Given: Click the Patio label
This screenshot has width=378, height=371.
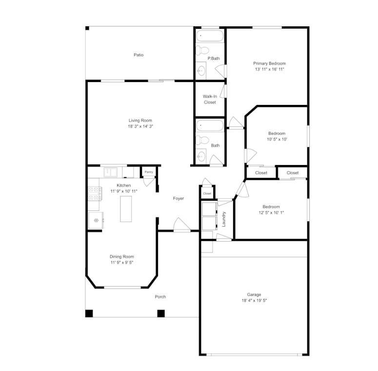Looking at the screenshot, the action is [x=139, y=55].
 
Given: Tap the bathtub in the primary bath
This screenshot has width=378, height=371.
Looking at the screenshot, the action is [x=210, y=36].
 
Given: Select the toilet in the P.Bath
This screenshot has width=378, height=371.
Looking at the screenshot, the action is [x=202, y=50].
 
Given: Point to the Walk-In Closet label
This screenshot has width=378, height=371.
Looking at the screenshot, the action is [x=210, y=100].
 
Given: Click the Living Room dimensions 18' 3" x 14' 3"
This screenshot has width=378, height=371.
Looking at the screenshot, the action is [x=140, y=126].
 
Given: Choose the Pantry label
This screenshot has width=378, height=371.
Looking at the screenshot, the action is [x=149, y=172].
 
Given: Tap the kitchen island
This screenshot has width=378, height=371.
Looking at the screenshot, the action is [x=126, y=209].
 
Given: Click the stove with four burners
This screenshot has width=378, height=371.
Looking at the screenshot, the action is [x=95, y=194].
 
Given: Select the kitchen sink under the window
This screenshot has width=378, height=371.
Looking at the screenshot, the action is [x=111, y=172].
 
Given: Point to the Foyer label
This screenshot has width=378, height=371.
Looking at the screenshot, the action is [x=179, y=199].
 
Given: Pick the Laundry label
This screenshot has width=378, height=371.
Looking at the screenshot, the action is [x=224, y=219].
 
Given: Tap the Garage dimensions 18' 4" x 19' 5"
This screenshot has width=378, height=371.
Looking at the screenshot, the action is [x=254, y=301].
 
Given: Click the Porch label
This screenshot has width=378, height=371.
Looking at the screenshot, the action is [x=160, y=297].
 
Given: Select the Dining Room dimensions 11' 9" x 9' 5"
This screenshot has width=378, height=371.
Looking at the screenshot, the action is [x=122, y=263].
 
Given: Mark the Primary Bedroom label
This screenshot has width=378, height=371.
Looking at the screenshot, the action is [x=270, y=63].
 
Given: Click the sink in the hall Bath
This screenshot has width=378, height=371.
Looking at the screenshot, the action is [x=201, y=156].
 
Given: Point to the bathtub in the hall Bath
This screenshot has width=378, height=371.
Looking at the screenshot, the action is [x=210, y=125].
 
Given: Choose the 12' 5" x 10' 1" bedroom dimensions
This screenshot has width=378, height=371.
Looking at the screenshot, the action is [x=271, y=213].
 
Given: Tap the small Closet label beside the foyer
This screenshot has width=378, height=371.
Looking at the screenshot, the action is [x=207, y=193].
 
